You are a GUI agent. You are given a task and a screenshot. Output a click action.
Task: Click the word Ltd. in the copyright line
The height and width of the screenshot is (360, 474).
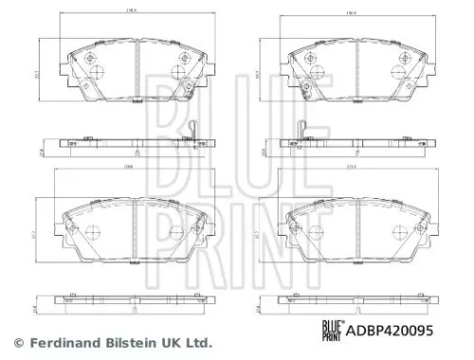click(x=196, y=343)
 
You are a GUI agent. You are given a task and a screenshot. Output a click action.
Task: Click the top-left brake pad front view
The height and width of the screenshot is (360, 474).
click(x=137, y=70)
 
